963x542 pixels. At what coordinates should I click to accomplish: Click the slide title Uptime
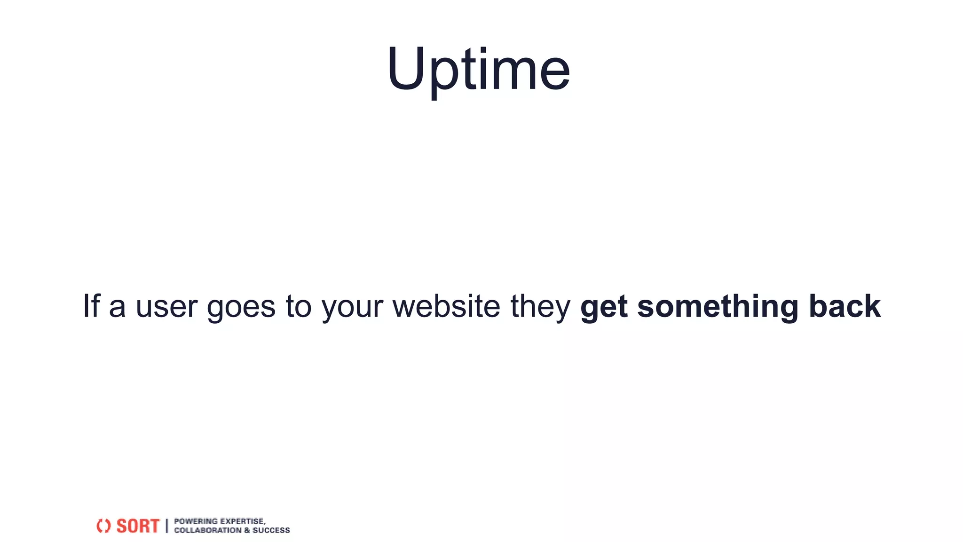(x=478, y=70)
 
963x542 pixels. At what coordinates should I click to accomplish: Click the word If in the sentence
(x=92, y=306)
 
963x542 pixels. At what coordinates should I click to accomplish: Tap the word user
(x=166, y=307)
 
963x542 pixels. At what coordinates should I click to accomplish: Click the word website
(x=446, y=306)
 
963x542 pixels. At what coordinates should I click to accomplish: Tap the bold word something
(x=718, y=307)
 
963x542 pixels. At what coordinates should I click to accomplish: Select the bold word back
(x=845, y=306)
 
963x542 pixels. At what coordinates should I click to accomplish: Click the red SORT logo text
(x=138, y=526)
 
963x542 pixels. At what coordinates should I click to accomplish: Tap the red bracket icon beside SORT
(x=103, y=526)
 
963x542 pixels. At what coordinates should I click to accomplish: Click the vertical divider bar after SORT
(x=167, y=526)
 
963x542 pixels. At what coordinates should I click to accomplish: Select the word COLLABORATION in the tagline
(x=207, y=530)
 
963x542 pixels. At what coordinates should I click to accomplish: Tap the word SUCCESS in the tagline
(x=271, y=530)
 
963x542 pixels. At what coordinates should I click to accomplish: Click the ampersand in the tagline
(x=247, y=530)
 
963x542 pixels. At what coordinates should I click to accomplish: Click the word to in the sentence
(x=299, y=307)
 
